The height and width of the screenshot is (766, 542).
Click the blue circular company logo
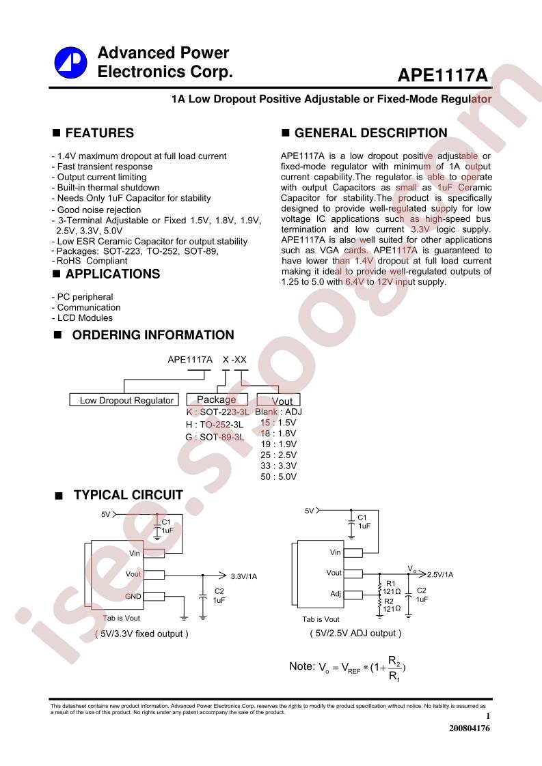pyautogui.click(x=70, y=63)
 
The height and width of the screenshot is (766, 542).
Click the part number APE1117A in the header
pyautogui.click(x=443, y=75)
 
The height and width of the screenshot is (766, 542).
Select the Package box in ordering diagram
pyautogui.click(x=217, y=399)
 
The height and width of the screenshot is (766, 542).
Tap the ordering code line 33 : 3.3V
pyautogui.click(x=278, y=466)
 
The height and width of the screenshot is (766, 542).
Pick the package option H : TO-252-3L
pyautogui.click(x=214, y=425)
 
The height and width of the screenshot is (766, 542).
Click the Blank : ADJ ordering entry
pyautogui.click(x=278, y=412)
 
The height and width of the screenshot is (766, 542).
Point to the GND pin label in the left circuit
pyautogui.click(x=133, y=596)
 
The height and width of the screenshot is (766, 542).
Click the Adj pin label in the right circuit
pyautogui.click(x=336, y=594)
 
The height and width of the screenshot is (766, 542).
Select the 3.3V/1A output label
pyautogui.click(x=243, y=576)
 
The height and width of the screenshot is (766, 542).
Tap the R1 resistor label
pyautogui.click(x=391, y=584)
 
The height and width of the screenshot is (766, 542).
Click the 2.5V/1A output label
pyautogui.click(x=440, y=575)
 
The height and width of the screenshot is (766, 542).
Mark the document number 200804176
pyautogui.click(x=469, y=728)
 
